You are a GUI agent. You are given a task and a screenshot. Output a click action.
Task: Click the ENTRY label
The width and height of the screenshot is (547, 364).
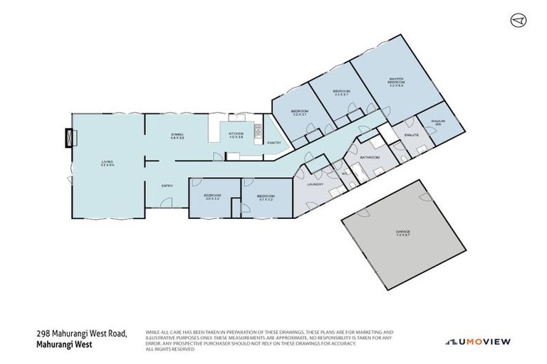pyautogui.click(x=167, y=186)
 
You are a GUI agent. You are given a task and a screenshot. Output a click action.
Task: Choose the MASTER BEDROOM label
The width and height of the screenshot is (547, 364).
pyautogui.click(x=396, y=81)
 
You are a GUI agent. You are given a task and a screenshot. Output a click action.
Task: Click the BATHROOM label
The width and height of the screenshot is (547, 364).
pyautogui.click(x=370, y=156)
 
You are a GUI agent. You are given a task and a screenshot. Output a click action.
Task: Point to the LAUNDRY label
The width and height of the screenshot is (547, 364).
pyautogui.click(x=316, y=184)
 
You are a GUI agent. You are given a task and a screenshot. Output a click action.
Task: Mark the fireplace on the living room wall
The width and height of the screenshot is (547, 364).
pyautogui.click(x=69, y=136)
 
